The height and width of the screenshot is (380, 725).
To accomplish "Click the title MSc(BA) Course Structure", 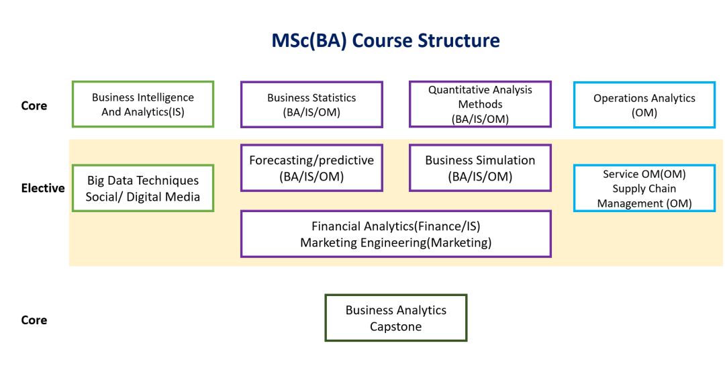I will (x=385, y=40).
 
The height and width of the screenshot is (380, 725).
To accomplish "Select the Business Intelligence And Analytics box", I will (x=143, y=104).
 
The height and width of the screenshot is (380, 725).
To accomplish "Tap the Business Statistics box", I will (x=311, y=104).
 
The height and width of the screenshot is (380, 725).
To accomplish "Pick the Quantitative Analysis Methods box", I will (x=480, y=104).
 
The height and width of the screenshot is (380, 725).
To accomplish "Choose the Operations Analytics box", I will (x=644, y=104).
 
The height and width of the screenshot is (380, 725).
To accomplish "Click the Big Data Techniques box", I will (x=143, y=188).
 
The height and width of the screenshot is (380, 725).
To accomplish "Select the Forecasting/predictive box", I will (x=311, y=168).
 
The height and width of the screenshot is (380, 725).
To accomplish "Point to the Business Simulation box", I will (x=480, y=168).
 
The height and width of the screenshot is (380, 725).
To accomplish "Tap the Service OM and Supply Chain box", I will (x=644, y=188).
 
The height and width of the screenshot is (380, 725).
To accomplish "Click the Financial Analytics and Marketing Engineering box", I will (x=396, y=234).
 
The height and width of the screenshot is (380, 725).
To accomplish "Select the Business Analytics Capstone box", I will (x=396, y=318).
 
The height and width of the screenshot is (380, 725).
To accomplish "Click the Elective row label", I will (x=43, y=188).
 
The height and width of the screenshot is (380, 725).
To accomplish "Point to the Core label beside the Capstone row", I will (x=34, y=320).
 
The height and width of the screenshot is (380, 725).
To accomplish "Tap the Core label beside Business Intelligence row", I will (x=34, y=105).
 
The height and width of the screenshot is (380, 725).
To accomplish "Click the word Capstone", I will (x=396, y=327).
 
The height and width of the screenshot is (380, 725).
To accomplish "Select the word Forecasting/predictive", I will (x=311, y=160).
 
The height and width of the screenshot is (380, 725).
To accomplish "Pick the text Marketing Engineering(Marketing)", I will (x=396, y=242).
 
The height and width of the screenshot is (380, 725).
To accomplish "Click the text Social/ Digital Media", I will (x=142, y=197).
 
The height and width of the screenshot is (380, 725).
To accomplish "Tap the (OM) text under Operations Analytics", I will (x=644, y=113).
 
